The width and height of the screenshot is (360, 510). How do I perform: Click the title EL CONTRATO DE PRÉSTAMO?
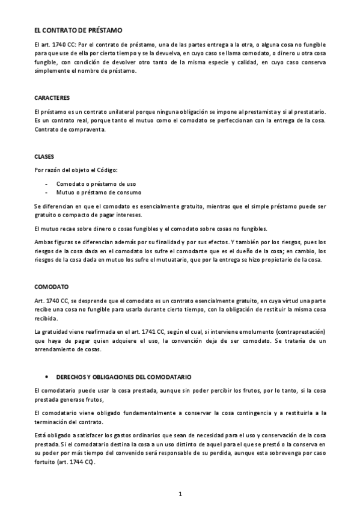coord(78,29)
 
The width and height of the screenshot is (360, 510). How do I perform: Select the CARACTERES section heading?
coord(52,97)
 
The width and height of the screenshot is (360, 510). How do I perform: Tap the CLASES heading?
coord(44,156)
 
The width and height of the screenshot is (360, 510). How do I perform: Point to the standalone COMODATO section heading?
coord(51,286)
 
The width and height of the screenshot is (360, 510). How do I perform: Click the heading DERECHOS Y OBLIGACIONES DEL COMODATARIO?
coord(124,376)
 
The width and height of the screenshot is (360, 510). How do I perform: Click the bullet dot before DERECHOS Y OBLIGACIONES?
coord(47,376)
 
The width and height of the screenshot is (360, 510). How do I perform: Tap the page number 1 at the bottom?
coord(180,494)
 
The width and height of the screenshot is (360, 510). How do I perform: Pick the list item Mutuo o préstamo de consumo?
coord(99,192)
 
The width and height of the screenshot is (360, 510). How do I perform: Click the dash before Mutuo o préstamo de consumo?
coord(47,192)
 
